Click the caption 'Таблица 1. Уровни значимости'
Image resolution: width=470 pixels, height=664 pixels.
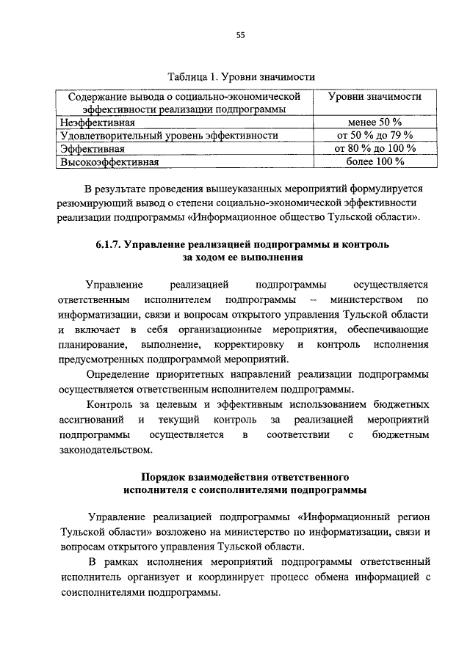pos(241,76)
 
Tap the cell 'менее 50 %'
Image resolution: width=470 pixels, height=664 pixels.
pos(375,122)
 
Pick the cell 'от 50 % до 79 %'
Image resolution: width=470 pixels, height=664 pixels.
pos(375,135)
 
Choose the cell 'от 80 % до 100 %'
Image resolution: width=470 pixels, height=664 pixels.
pos(375,148)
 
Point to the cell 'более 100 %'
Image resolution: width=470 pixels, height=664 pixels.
pos(375,161)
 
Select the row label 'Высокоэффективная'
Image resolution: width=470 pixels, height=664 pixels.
pos(109,161)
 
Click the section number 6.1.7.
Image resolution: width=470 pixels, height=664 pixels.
pos(109,244)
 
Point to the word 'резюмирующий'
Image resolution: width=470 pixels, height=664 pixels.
pos(95,202)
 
